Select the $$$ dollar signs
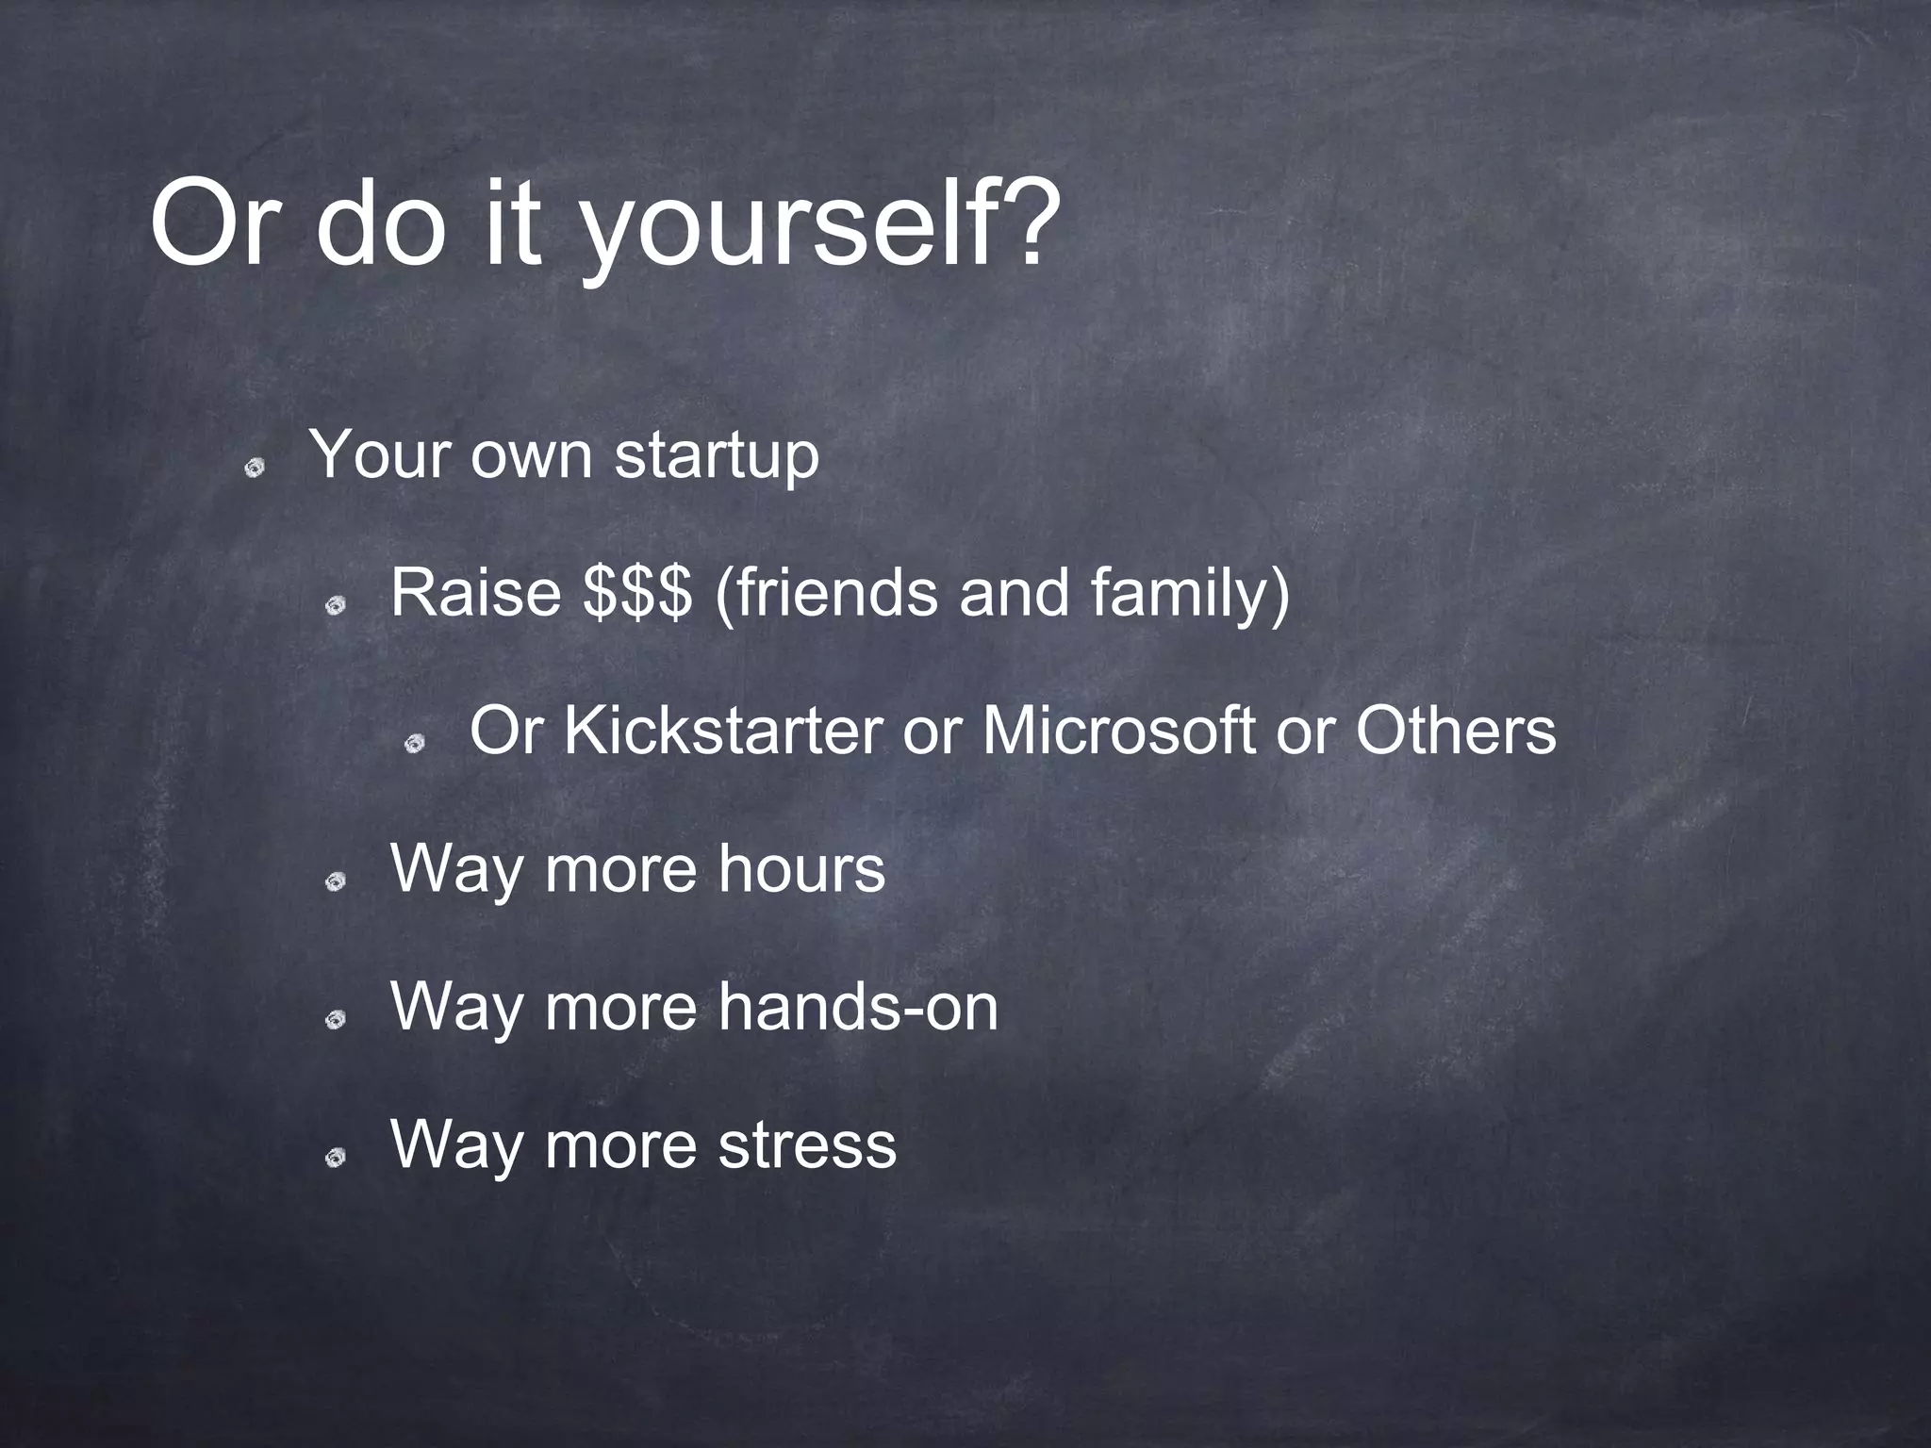click(637, 594)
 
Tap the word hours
click(801, 869)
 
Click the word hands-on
click(857, 1007)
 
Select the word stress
click(807, 1145)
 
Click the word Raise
click(475, 594)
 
